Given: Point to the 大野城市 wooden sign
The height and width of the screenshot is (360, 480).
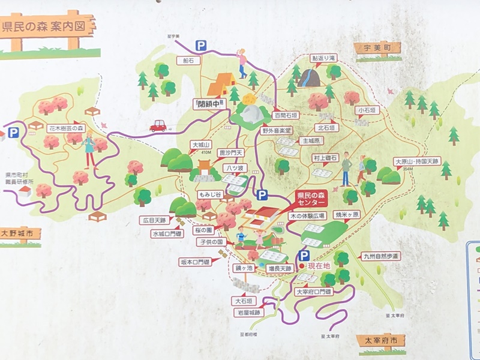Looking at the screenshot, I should coord(20,233).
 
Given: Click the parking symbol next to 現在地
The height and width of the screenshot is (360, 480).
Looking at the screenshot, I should coord(305,255).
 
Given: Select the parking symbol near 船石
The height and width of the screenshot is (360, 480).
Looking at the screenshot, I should coord(201,45).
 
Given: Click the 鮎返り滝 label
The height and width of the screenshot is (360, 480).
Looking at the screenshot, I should coord(323,58).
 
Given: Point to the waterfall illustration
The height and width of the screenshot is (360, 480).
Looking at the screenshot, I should coord(309,77).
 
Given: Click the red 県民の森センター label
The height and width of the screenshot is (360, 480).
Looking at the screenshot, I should coord(313,199).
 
